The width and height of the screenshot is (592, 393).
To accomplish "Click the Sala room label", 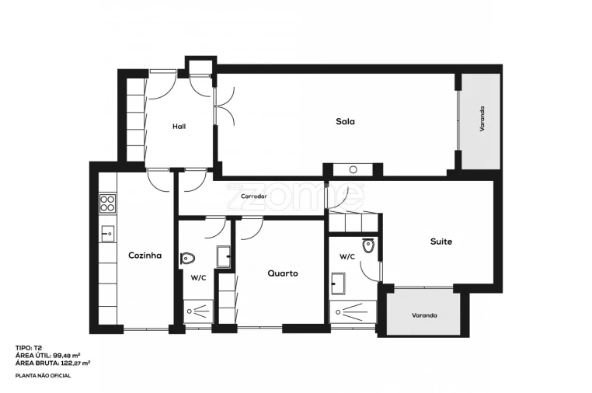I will coord(345,121).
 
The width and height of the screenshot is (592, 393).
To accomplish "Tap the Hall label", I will coord(179,126).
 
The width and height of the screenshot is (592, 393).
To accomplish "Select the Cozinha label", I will coord(145,255).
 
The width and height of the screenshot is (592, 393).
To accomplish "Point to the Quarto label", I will coord(282,273).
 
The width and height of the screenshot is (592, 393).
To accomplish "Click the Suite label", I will coord(441,242).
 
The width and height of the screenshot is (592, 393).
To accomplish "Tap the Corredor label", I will coord(253,196).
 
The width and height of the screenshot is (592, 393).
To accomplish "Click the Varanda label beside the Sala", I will coord(481,121).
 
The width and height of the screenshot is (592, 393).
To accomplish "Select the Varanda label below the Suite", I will coord(423,315).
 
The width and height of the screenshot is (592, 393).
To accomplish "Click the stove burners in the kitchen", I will coord(107,204).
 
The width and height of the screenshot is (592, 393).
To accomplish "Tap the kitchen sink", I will coord(107,232).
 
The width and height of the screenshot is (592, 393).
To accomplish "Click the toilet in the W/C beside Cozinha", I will coord(188,258).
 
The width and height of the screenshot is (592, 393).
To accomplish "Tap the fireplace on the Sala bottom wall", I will coord(353,169).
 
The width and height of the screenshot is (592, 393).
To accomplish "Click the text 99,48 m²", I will coord(71,356).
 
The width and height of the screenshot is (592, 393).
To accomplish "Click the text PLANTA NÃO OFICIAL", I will coord(43,376).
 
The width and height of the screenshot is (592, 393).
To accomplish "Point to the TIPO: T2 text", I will coord(29,349).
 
